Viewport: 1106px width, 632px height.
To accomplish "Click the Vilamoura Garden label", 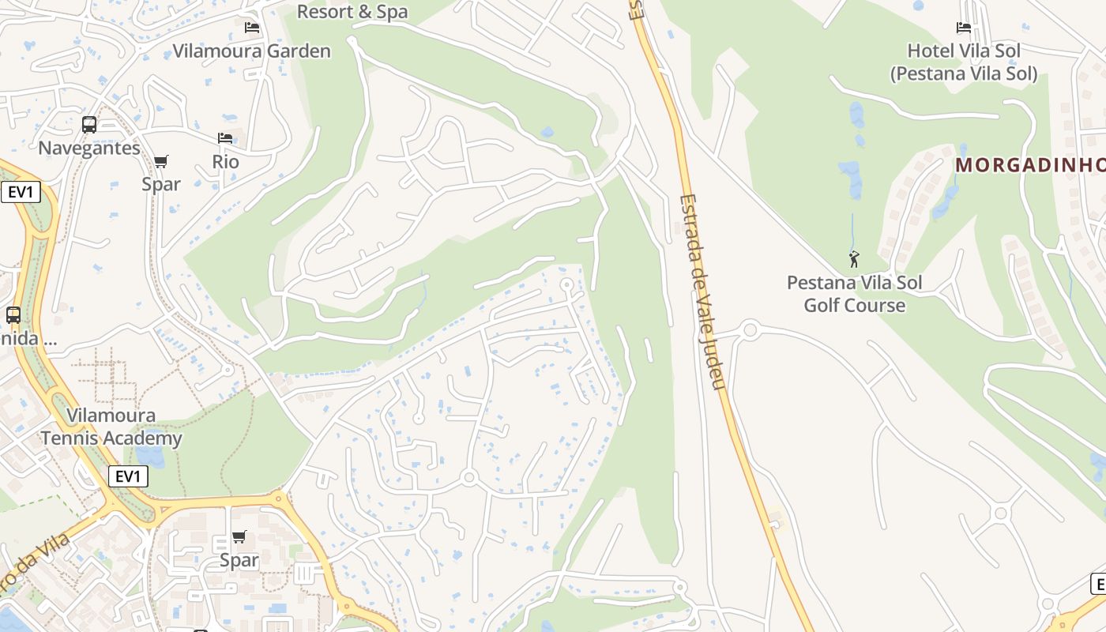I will pyautogui.click(x=251, y=51).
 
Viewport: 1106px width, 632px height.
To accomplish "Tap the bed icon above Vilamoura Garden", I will pyautogui.click(x=252, y=28).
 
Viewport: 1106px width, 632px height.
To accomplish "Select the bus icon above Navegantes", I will pyautogui.click(x=89, y=124).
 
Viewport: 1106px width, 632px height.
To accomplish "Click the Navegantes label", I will pyautogui.click(x=89, y=148).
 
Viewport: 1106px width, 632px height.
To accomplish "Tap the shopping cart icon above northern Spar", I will pyautogui.click(x=161, y=162).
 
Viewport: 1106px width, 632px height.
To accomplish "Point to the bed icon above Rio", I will pyautogui.click(x=225, y=138).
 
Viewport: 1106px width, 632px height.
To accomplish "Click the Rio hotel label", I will pyautogui.click(x=225, y=161).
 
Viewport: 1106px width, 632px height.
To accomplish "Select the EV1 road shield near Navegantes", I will pyautogui.click(x=21, y=192).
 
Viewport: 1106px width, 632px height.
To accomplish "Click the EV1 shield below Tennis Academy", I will pyautogui.click(x=128, y=476).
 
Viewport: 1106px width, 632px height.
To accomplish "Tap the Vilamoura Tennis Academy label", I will pyautogui.click(x=111, y=427).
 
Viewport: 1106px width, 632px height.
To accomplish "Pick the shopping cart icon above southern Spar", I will pyautogui.click(x=239, y=537).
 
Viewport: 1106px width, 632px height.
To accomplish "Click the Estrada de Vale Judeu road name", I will pyautogui.click(x=702, y=292).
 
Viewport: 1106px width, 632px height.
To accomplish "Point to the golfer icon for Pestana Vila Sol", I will pyautogui.click(x=854, y=258).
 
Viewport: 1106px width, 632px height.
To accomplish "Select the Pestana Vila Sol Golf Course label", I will pyautogui.click(x=854, y=294).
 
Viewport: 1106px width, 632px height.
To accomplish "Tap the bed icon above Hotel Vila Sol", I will pyautogui.click(x=964, y=28).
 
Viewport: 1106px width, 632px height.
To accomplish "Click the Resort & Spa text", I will pyautogui.click(x=352, y=11).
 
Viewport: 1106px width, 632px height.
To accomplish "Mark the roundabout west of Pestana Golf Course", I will pyautogui.click(x=750, y=329).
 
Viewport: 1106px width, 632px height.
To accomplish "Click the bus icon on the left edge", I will pyautogui.click(x=13, y=314).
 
